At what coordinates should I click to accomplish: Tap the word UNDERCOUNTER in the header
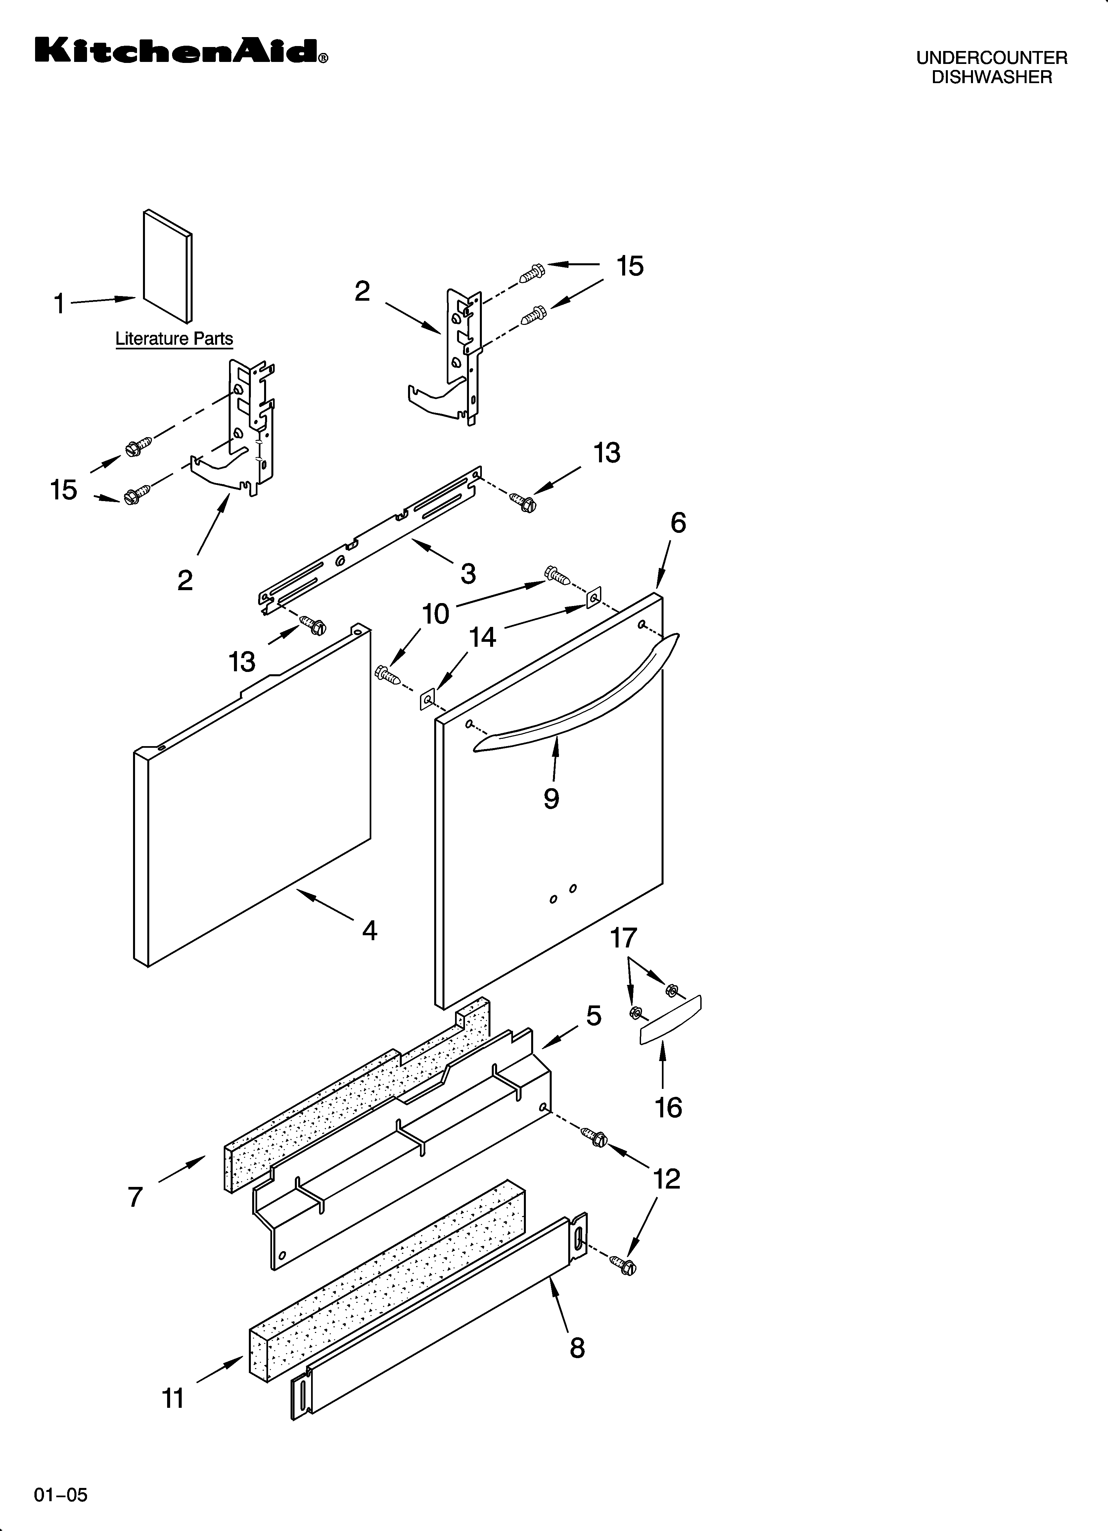991,58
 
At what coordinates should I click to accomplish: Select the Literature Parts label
174,339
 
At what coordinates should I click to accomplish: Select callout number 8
577,1348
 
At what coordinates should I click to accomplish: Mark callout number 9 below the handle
551,798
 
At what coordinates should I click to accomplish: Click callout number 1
59,304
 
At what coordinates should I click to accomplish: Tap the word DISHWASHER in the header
991,77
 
